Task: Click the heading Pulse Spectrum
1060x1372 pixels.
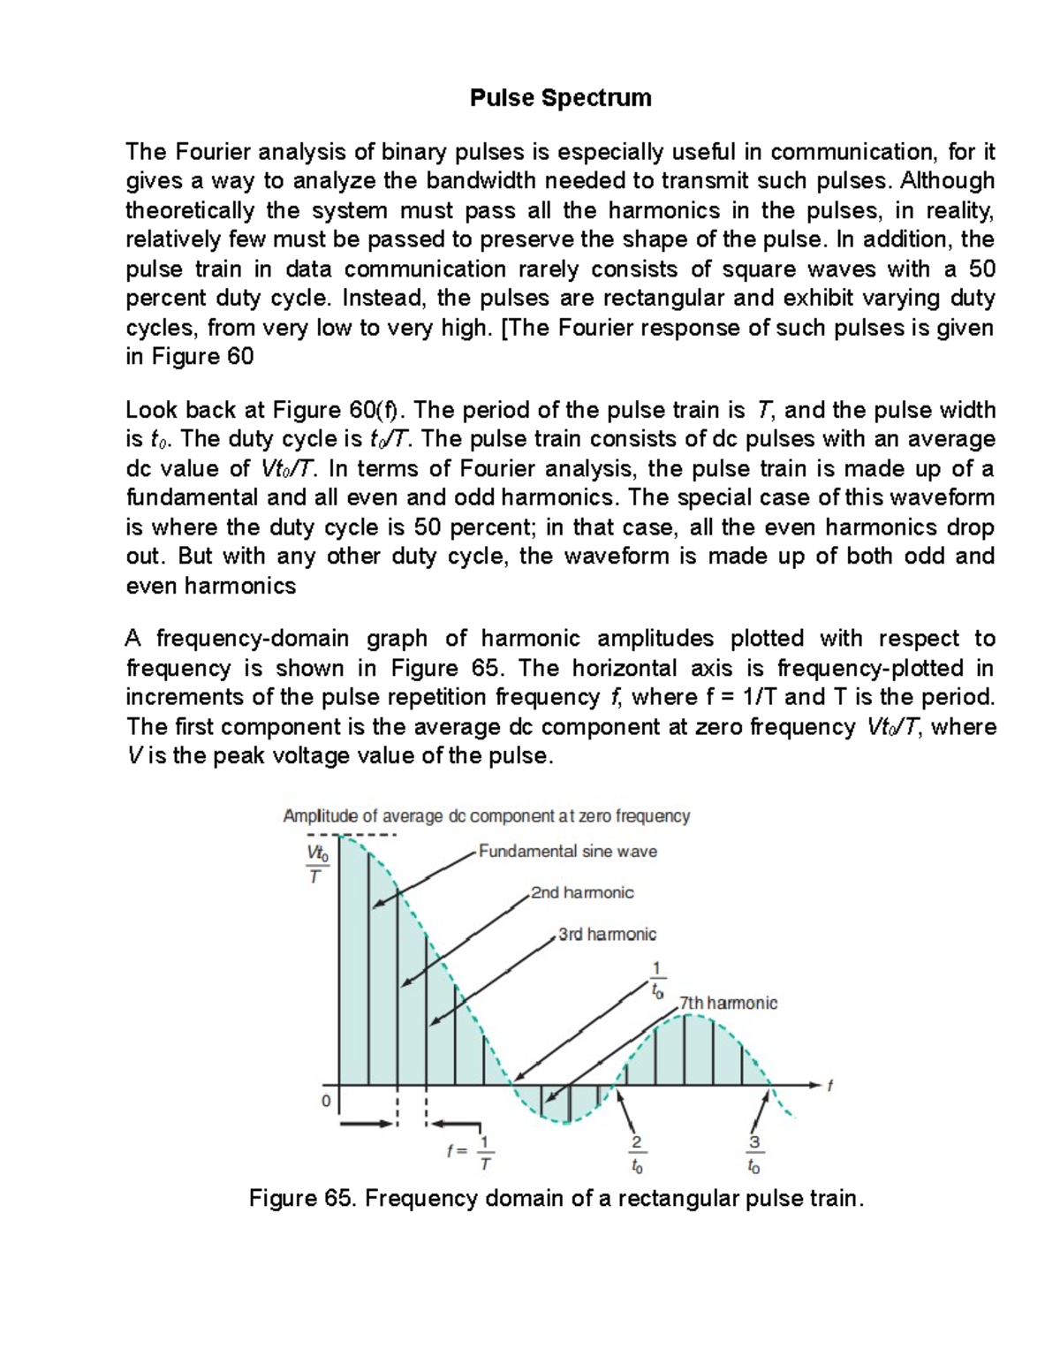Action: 560,98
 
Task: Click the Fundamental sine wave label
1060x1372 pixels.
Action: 568,852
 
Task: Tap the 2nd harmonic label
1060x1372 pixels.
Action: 582,893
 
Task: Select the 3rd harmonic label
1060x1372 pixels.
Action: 607,935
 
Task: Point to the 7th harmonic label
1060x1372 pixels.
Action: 728,1004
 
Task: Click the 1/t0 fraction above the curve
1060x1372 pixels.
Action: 656,980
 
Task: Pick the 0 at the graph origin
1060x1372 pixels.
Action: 326,1102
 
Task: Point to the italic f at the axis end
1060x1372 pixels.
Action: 829,1088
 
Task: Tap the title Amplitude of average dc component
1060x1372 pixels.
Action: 486,816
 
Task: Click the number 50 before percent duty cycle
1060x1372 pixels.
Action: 981,269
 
